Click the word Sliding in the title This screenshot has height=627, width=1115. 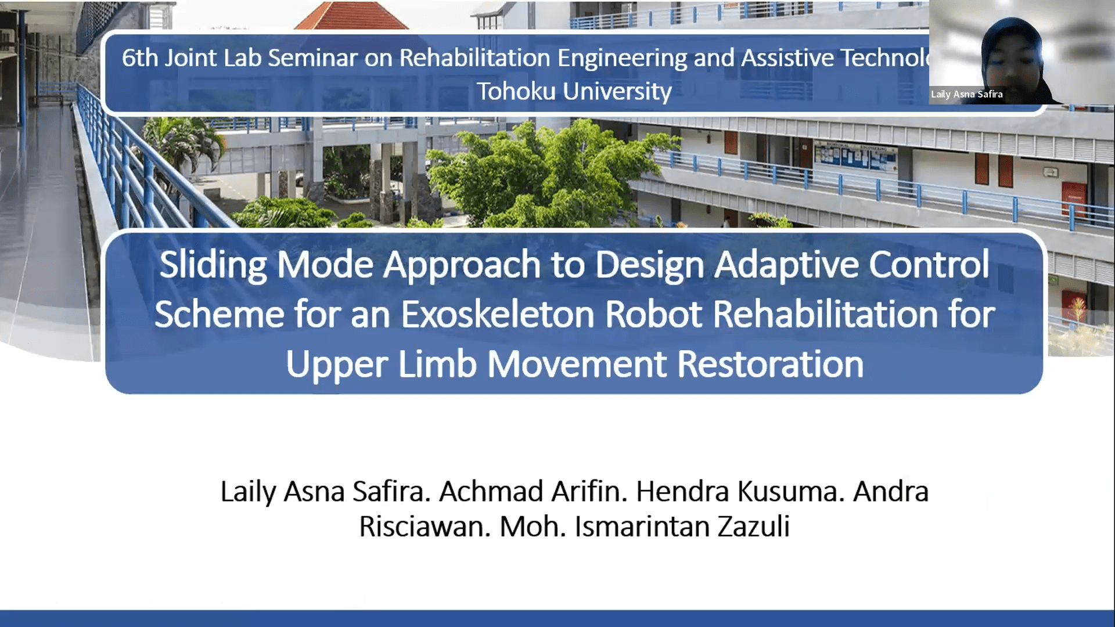213,265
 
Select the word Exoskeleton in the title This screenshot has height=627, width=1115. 498,315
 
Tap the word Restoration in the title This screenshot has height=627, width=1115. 770,365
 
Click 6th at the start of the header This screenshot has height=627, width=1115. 139,57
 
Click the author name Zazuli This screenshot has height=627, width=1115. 753,527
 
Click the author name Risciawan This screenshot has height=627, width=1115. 425,527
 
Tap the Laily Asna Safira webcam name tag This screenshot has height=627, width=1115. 966,94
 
